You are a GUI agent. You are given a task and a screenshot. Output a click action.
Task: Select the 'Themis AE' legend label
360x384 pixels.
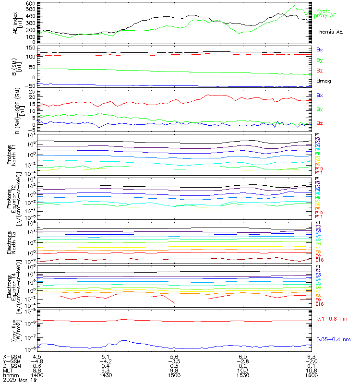click(x=329, y=32)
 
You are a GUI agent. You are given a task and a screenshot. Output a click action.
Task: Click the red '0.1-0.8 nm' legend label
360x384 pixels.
click(x=332, y=319)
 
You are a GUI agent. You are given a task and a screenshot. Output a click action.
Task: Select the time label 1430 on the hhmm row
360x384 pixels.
click(x=107, y=375)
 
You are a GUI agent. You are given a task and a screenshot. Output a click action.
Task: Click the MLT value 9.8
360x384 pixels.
click(x=175, y=371)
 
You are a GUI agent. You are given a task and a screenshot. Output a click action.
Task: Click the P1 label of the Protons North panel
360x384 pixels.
click(x=317, y=135)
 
